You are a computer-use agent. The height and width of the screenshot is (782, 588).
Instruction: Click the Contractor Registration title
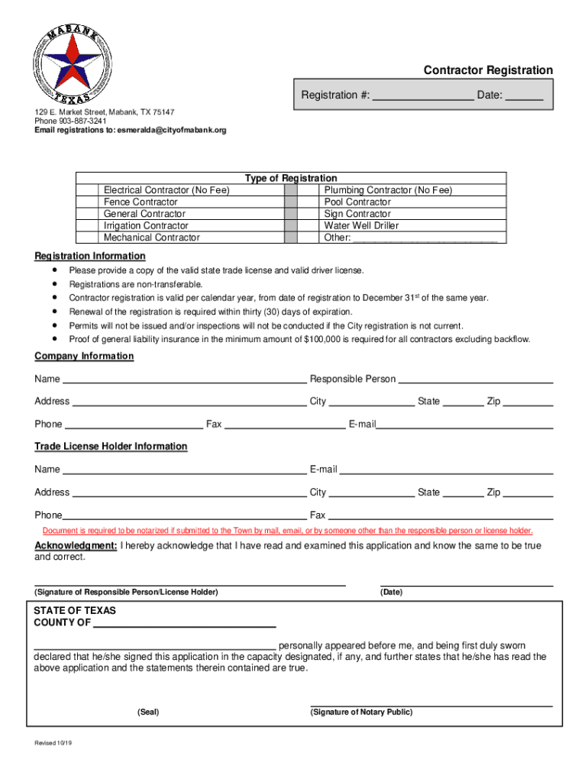tap(488, 70)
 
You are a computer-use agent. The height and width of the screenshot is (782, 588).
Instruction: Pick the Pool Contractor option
tap(357, 202)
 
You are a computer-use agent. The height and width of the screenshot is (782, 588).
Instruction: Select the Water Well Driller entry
tap(361, 226)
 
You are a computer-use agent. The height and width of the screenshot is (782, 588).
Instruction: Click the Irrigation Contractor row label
tap(146, 226)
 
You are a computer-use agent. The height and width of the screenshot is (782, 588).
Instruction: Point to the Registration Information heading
tap(90, 256)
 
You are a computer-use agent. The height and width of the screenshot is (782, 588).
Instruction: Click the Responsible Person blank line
tap(475, 380)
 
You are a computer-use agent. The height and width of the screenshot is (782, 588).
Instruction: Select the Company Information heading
tap(84, 357)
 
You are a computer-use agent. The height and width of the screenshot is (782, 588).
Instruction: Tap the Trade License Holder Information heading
tap(111, 447)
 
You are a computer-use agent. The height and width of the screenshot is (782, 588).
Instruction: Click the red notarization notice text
tap(288, 531)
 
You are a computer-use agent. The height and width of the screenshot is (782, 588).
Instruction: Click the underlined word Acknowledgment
tap(76, 546)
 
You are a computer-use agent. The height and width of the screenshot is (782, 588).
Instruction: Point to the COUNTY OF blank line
tap(184, 623)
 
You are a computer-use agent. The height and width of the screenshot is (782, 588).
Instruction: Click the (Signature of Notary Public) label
tap(361, 713)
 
